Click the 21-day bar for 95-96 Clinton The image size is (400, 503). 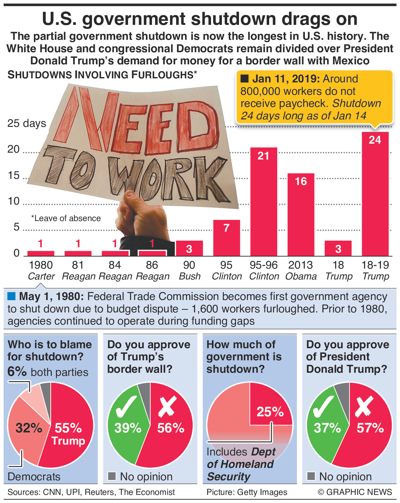264,202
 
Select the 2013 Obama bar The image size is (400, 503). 301,215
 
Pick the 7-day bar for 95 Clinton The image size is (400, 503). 226,238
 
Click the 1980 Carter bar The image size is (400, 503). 41,253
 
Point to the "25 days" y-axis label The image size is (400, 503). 27,123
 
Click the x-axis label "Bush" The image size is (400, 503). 190,276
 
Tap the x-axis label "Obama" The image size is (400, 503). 301,276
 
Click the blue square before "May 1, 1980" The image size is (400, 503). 11,296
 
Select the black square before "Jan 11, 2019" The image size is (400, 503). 245,79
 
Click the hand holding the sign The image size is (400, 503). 137,218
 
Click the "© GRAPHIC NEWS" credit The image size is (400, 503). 355,492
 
